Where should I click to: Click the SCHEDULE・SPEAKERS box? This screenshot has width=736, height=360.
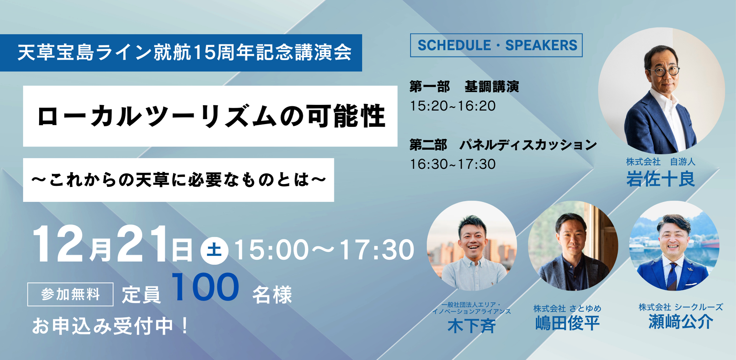496,45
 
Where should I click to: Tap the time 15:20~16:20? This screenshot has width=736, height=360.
453,106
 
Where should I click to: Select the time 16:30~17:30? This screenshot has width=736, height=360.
453,164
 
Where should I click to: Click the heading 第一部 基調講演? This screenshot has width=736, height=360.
464,87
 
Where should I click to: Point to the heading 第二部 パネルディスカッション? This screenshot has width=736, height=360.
503,145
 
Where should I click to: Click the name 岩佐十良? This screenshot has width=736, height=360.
661,179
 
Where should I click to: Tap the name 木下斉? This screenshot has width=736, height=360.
471,326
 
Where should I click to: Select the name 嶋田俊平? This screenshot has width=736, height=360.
567,323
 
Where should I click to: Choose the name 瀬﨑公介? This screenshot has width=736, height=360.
681,322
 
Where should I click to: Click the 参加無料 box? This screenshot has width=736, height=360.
70,294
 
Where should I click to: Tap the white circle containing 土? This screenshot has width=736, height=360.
214,250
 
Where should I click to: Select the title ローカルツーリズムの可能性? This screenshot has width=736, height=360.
211,116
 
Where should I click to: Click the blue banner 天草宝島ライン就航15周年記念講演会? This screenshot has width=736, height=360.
181,53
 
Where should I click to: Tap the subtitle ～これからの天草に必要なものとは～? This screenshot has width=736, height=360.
178,180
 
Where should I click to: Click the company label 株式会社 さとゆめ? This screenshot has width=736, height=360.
567,308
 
